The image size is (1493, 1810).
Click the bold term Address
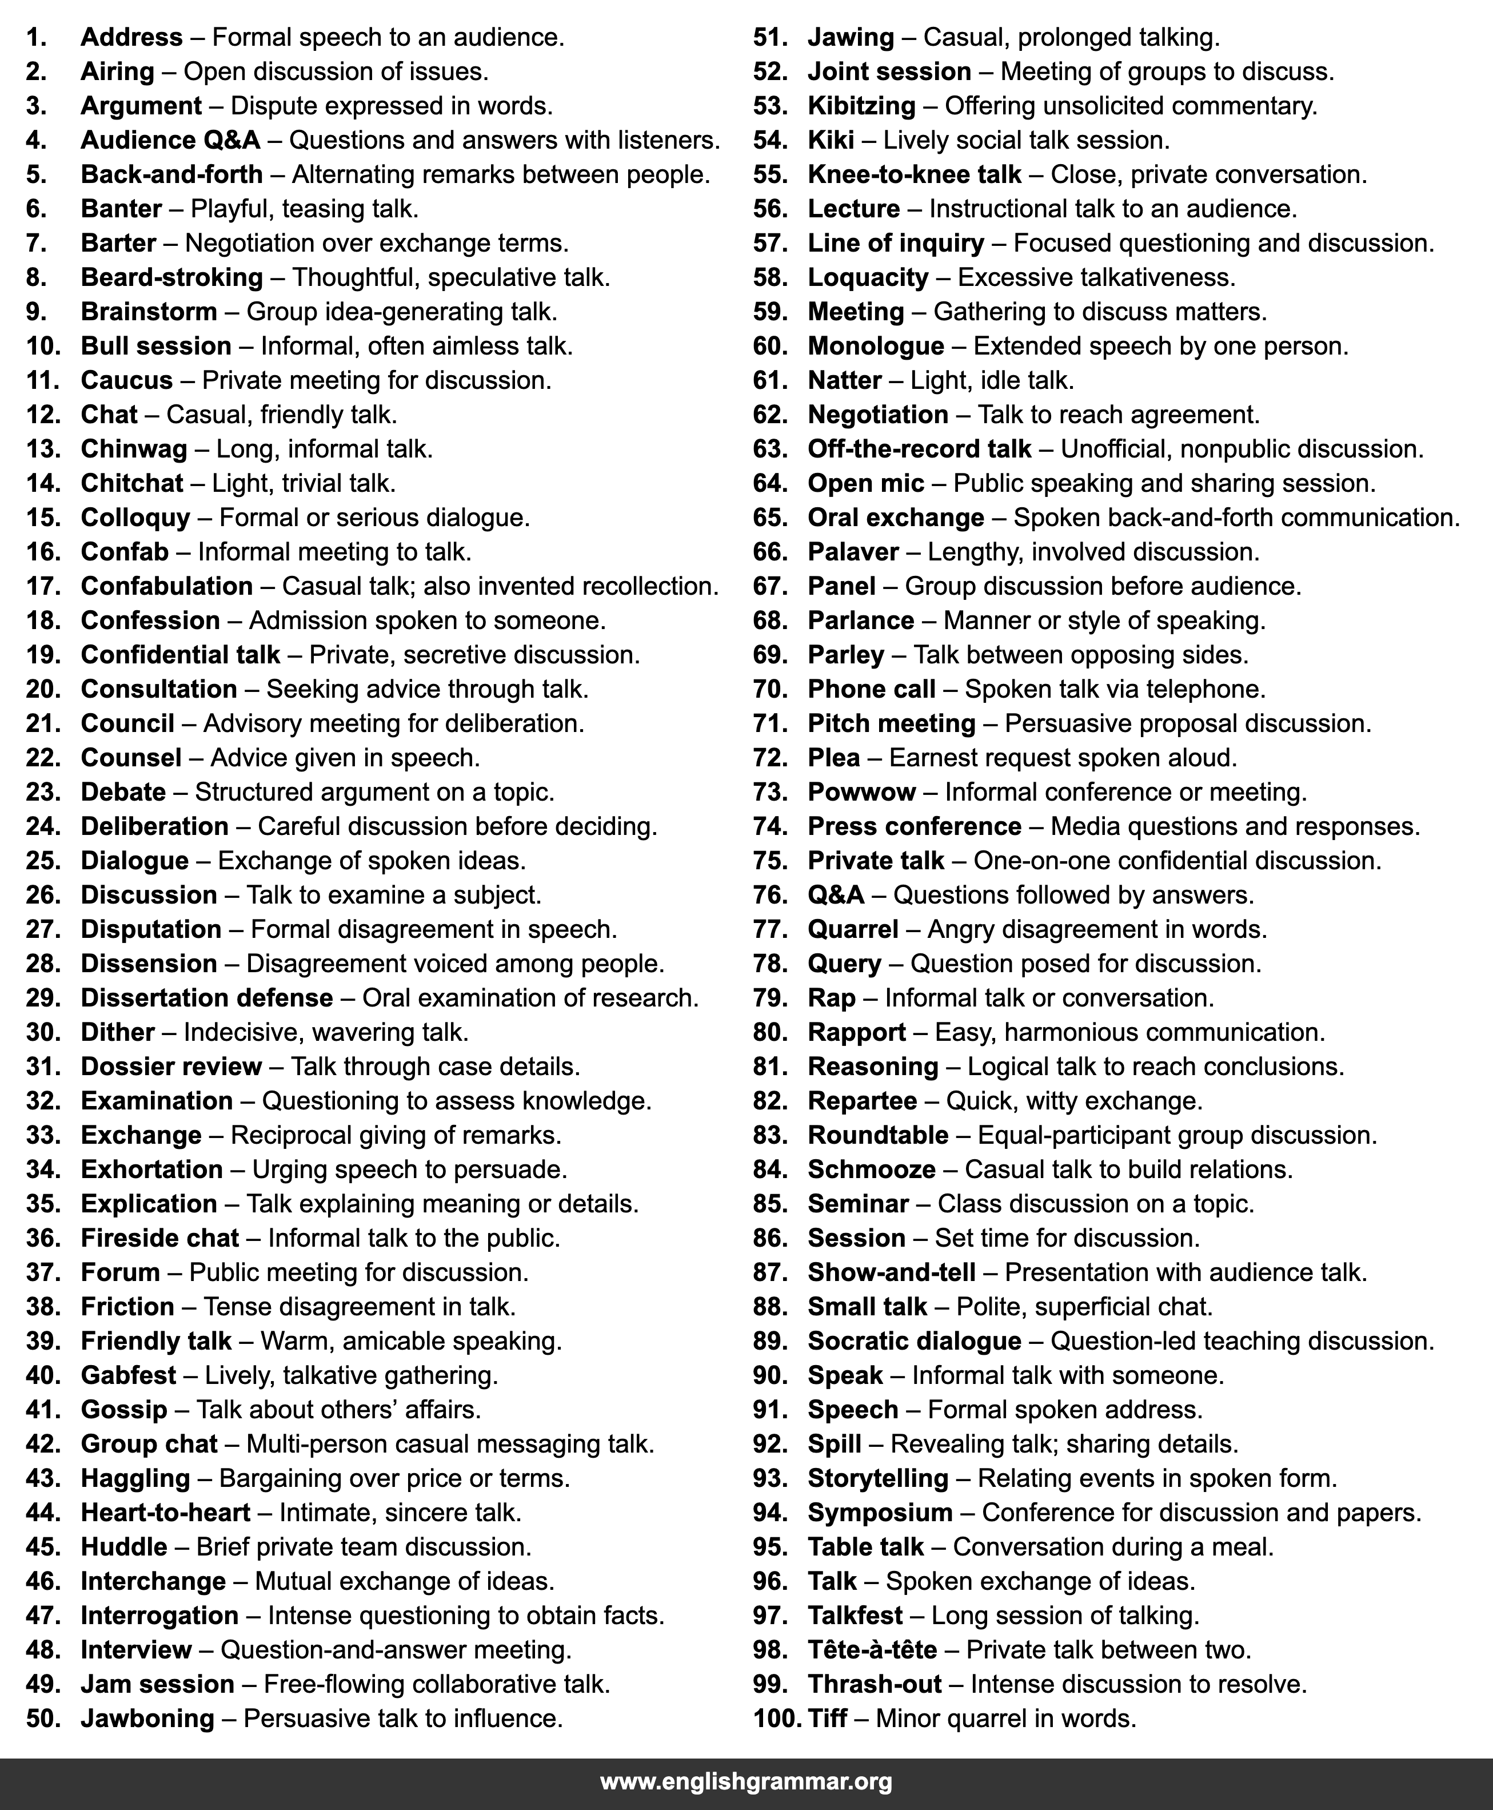tap(131, 37)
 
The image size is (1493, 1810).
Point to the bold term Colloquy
tap(135, 517)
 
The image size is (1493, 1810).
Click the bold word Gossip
tap(124, 1409)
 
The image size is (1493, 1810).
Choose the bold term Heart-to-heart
tap(165, 1513)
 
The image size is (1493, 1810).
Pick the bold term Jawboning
tap(147, 1718)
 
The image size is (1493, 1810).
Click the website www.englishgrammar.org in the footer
tap(745, 1781)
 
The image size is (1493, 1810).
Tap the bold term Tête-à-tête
tap(872, 1649)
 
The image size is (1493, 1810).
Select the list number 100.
tap(777, 1718)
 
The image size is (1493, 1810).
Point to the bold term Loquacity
tap(868, 277)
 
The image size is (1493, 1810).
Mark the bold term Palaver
tap(853, 551)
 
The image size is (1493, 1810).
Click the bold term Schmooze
tap(871, 1169)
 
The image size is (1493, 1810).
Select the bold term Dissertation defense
tap(206, 998)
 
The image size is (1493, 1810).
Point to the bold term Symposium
tap(880, 1513)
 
